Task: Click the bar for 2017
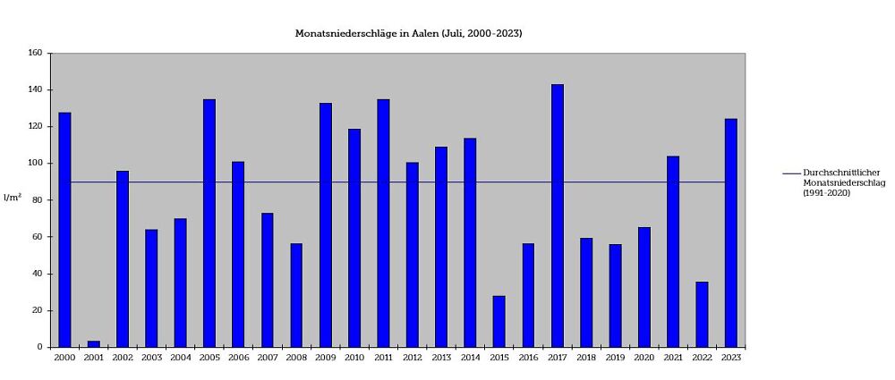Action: [558, 215]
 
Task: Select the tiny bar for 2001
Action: [93, 344]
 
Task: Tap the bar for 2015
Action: [499, 321]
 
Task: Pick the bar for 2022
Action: [702, 314]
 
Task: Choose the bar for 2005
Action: [209, 223]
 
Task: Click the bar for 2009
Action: [326, 224]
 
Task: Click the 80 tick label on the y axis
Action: [38, 200]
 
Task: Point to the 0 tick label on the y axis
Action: [40, 347]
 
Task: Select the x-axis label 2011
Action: [383, 358]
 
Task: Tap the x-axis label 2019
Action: [615, 358]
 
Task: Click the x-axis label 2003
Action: [151, 358]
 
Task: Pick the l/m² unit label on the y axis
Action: [12, 197]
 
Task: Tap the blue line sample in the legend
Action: [791, 173]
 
